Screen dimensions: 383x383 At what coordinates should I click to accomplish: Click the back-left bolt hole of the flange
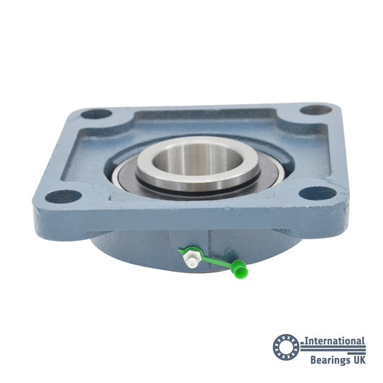click(96, 114)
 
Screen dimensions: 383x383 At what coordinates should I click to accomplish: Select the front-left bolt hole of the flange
click(63, 196)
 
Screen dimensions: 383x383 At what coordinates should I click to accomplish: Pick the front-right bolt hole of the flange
click(318, 193)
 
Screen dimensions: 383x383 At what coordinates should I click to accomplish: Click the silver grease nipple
click(192, 259)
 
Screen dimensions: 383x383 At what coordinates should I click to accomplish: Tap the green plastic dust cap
click(239, 269)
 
